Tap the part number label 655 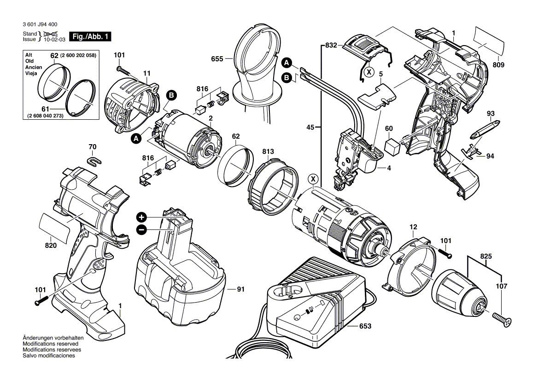217,59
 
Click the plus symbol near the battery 141,217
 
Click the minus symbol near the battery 141,229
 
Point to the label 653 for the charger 365,326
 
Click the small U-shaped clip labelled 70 94,160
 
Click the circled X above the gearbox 313,179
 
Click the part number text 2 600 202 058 79,55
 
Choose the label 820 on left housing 51,246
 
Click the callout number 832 331,45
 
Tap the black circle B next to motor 172,95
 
